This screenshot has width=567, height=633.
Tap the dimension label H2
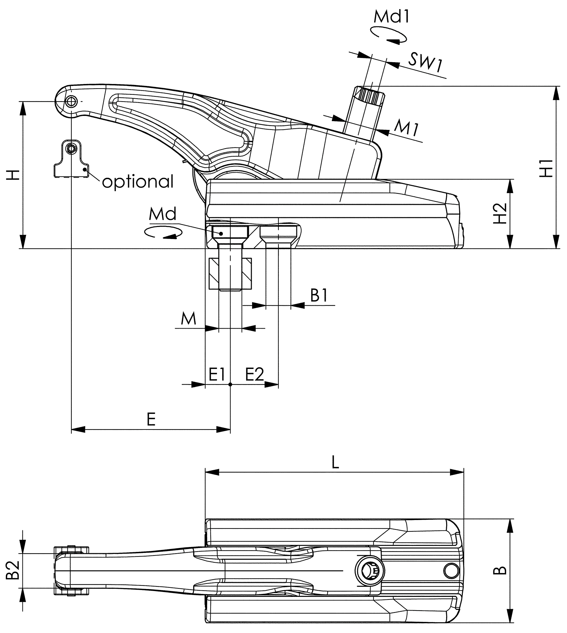(500, 213)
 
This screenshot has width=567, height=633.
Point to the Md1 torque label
(391, 17)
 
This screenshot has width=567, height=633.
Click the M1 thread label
(406, 128)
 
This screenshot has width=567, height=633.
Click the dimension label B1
(319, 296)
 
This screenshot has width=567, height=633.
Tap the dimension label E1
(217, 375)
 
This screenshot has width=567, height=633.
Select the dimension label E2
(254, 375)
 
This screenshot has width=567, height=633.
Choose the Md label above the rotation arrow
(163, 214)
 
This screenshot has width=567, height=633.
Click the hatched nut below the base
(230, 274)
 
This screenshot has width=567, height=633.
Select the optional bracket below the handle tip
(71, 160)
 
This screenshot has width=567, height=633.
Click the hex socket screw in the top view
(370, 571)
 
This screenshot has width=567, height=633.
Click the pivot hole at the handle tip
(71, 101)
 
